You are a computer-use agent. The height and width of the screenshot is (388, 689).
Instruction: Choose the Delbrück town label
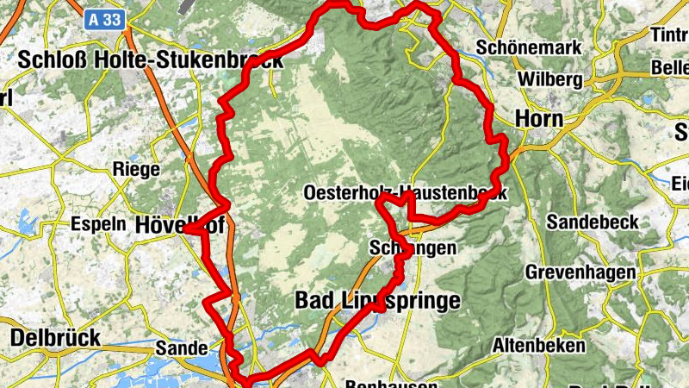point(56,336)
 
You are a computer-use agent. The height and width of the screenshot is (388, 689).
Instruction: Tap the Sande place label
point(181,348)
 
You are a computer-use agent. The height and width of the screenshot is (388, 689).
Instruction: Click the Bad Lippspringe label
point(377,300)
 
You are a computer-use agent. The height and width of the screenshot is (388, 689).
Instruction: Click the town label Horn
point(538,118)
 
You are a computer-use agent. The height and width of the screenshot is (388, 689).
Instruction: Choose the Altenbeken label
point(538,345)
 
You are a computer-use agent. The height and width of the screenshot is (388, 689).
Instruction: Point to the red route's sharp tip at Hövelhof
point(189,230)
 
